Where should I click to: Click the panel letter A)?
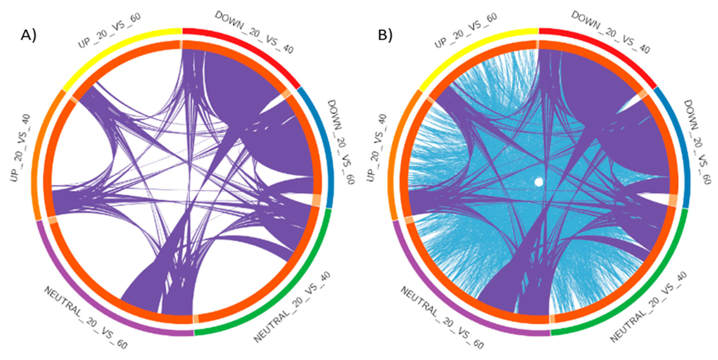[x=28, y=36]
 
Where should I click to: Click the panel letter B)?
[x=385, y=36]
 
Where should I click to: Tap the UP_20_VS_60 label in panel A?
[x=109, y=30]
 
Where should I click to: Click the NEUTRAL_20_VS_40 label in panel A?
[x=292, y=307]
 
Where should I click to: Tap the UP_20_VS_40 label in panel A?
[x=21, y=148]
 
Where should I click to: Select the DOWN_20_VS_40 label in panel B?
[x=610, y=32]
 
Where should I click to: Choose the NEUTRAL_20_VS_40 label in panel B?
[x=649, y=307]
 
